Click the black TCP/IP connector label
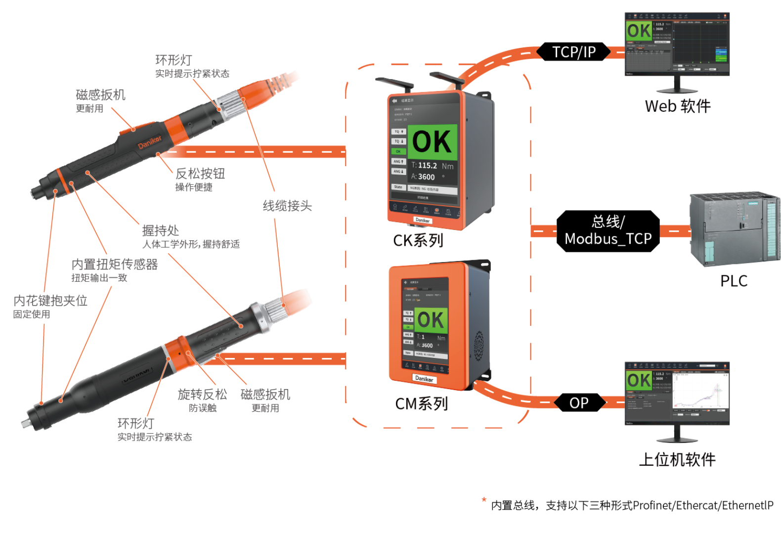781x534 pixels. (x=574, y=52)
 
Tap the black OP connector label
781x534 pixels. (x=579, y=403)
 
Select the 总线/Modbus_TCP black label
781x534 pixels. (x=608, y=231)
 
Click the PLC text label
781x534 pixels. (x=734, y=281)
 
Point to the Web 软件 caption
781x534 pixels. (x=678, y=106)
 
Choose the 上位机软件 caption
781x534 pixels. (x=677, y=459)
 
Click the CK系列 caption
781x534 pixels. (x=418, y=241)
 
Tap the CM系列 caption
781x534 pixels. (x=422, y=404)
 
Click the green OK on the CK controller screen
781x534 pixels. (x=432, y=142)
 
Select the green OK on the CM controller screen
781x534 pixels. (x=431, y=320)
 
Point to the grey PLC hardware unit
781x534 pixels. (x=735, y=228)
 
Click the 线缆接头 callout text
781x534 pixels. (x=287, y=206)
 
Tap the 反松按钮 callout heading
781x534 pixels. (x=200, y=174)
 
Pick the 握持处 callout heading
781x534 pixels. (x=161, y=230)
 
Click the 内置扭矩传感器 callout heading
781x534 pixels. (x=115, y=265)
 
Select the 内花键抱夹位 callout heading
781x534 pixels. (x=50, y=301)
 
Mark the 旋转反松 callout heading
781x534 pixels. (x=202, y=394)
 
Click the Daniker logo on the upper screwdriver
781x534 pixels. (x=150, y=142)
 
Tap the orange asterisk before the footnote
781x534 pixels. (x=484, y=500)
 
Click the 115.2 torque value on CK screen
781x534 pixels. (x=428, y=166)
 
